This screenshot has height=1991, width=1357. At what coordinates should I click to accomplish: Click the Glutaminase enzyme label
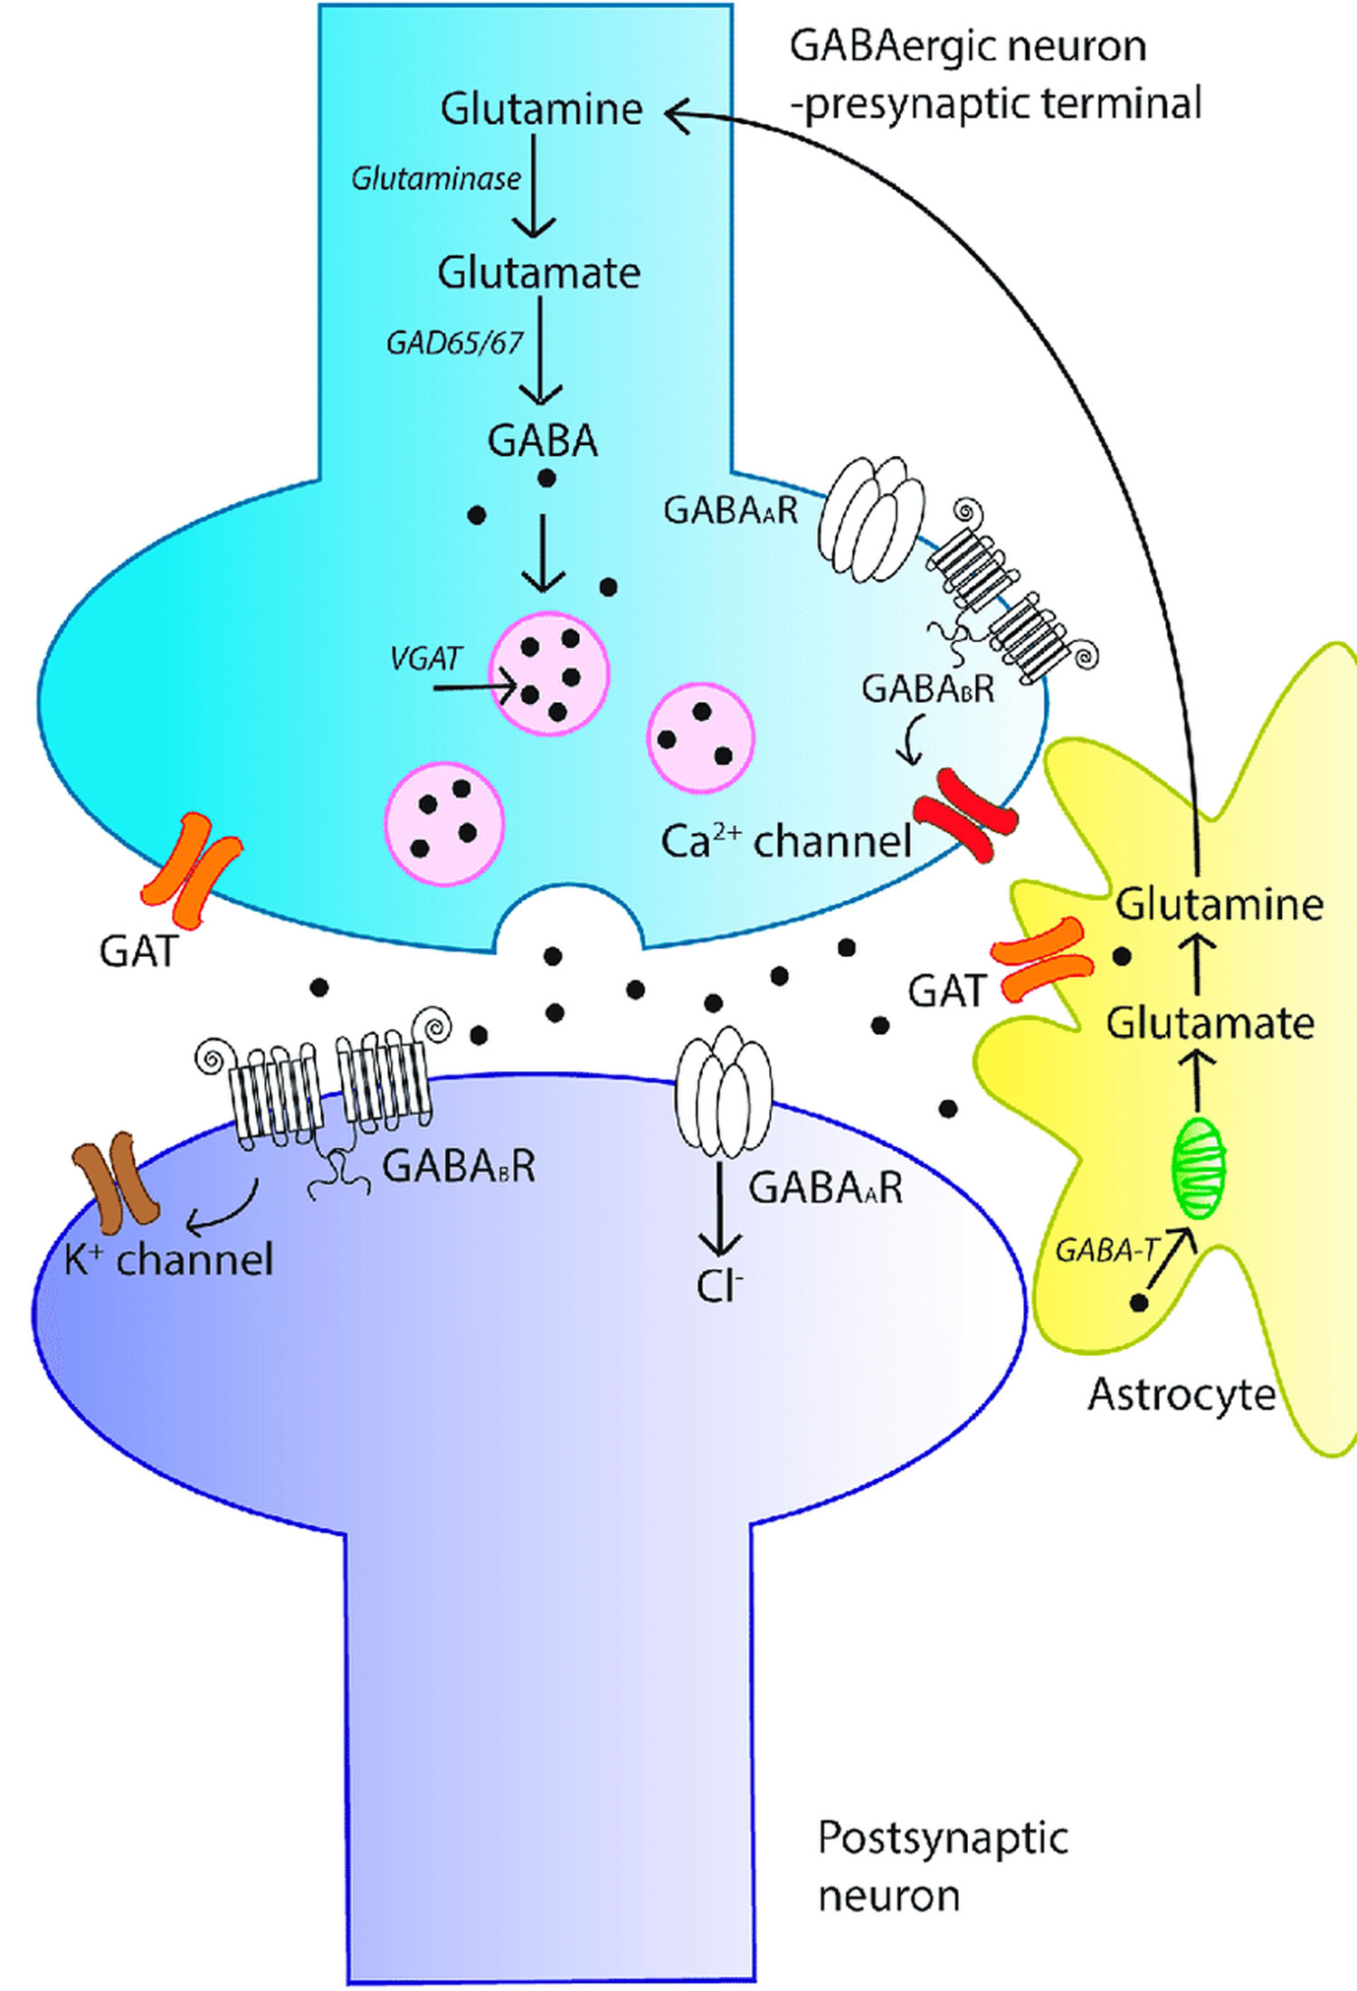pos(435,178)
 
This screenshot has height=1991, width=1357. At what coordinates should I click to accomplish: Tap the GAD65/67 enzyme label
pos(454,343)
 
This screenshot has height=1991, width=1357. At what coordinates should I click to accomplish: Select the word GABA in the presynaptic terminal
pos(543,441)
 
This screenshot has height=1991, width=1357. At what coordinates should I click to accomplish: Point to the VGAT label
pos(425,658)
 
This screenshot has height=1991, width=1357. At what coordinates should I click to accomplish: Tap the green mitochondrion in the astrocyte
pos(1199,1167)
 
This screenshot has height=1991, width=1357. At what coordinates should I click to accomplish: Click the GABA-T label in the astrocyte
pos(1106,1251)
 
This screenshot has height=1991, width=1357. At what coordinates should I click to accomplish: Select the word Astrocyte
pos(1181,1394)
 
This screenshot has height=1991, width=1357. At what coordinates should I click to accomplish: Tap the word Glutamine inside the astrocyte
pos(1219,905)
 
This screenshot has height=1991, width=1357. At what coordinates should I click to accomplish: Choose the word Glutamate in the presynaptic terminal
pos(539,272)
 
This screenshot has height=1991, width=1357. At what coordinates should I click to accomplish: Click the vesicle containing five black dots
pos(549,674)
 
